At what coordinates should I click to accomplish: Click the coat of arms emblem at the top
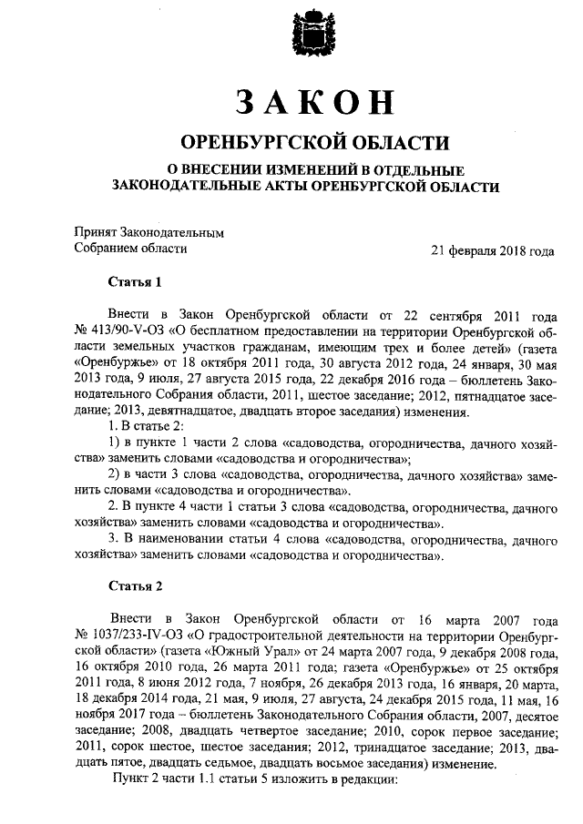coord(309,36)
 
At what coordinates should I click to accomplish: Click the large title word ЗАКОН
coord(309,104)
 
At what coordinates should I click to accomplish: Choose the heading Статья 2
coord(134,584)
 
